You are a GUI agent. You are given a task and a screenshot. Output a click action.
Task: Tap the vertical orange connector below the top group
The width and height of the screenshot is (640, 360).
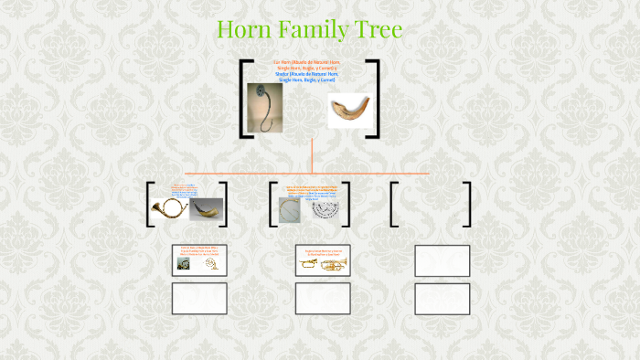point(312,155)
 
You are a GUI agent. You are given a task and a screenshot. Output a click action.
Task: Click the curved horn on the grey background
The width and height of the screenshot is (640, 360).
point(206,209)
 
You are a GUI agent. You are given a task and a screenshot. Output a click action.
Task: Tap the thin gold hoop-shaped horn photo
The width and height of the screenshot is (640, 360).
point(290,210)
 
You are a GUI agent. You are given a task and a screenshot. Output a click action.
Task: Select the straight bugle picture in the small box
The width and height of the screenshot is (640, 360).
point(308,264)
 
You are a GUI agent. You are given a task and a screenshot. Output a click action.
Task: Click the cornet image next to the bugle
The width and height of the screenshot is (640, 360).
point(334,264)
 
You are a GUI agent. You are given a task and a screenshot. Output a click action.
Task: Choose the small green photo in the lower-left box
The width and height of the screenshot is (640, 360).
point(184,263)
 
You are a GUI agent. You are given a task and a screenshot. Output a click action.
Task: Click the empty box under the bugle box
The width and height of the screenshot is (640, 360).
point(322,298)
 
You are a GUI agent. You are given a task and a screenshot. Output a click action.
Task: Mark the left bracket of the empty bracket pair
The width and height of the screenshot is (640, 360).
point(393,204)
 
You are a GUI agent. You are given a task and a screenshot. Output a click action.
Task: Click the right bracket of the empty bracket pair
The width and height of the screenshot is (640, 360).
point(467,204)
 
